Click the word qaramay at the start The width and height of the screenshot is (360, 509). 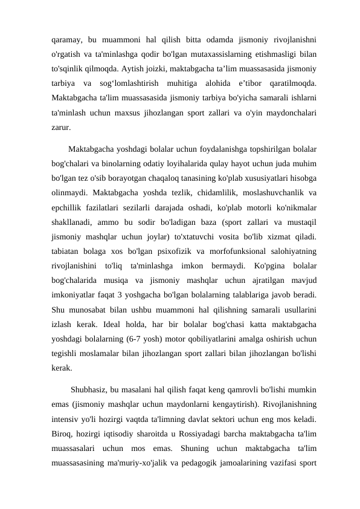click(x=66, y=40)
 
